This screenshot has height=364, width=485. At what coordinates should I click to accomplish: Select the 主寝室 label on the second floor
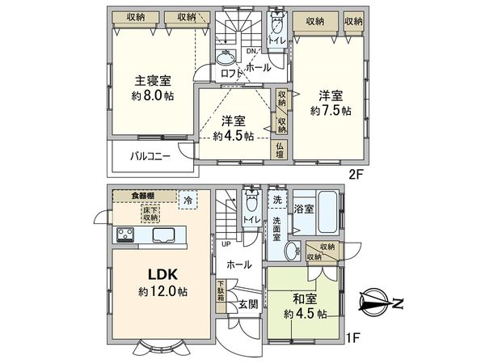[153, 81]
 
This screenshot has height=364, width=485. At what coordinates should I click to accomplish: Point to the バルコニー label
[150, 156]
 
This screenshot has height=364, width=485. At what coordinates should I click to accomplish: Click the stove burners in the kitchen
[125, 235]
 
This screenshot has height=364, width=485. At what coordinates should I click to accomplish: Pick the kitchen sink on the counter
[163, 235]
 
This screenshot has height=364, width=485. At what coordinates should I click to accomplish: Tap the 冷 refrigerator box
[188, 201]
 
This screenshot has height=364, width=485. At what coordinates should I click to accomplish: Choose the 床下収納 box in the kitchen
[151, 214]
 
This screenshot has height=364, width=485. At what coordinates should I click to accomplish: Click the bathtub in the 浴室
[327, 213]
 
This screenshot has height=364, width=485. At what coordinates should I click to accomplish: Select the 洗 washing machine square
[277, 200]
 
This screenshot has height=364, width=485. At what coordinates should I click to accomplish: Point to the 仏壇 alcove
[280, 150]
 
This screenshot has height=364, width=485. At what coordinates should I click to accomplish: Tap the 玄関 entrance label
[248, 304]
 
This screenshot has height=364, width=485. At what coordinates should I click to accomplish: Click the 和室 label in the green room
[305, 299]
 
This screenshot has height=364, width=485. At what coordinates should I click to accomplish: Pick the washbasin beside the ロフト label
[226, 57]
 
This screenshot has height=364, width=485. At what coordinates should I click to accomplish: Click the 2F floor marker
[356, 175]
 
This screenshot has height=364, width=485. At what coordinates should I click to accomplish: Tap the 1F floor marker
[352, 337]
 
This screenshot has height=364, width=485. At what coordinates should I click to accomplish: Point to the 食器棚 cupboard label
[143, 196]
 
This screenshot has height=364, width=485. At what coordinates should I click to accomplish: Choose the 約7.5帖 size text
[331, 110]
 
